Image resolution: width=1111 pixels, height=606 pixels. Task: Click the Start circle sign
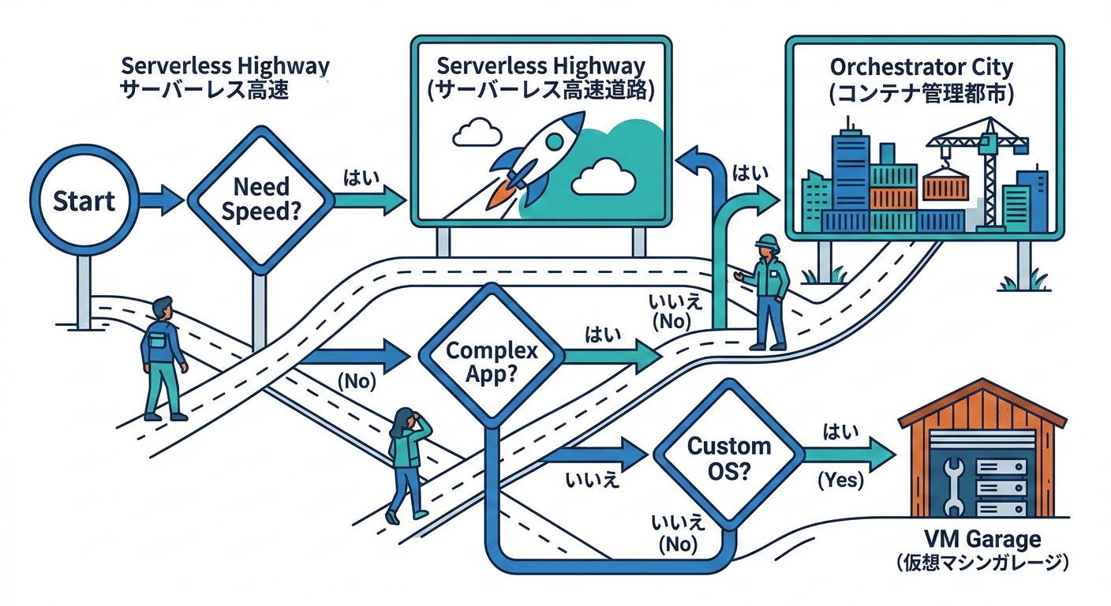coord(84,200)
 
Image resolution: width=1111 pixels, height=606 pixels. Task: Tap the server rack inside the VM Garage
coord(997,483)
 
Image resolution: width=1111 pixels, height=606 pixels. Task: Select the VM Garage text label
coord(982,541)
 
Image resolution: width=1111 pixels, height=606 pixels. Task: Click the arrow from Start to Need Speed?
coord(163,200)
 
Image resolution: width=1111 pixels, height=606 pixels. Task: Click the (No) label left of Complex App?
coord(356,381)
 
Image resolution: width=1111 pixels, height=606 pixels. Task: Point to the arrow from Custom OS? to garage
coord(848,455)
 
